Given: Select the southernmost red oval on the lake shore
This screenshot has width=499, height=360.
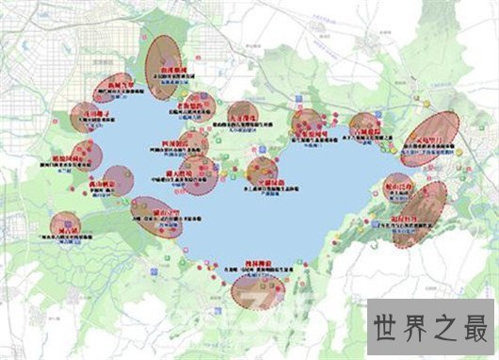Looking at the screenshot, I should (258, 288).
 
